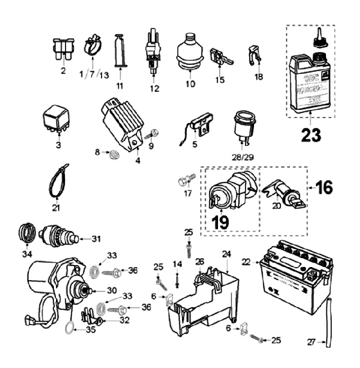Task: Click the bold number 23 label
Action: tap(311, 135)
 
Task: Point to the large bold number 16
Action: tap(323, 188)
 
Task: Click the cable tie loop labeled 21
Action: tap(59, 181)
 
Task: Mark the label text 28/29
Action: tap(242, 157)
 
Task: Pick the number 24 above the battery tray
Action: tap(226, 254)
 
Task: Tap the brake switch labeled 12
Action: tap(154, 55)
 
